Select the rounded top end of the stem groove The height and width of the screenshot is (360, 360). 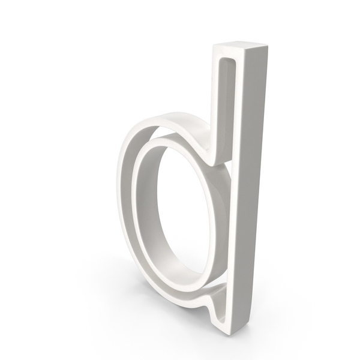tap(228, 59)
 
